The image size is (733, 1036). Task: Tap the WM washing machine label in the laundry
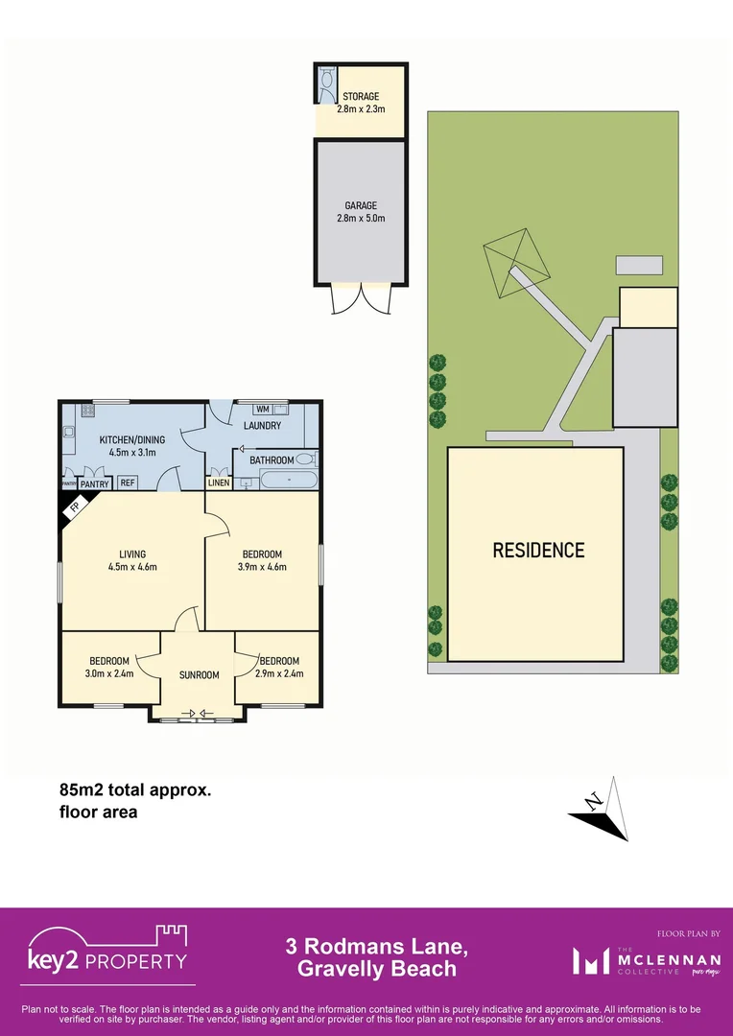(x=262, y=410)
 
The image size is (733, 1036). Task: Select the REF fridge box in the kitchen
(x=128, y=483)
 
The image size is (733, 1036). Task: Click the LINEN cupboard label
(x=219, y=483)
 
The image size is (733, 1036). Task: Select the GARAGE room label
(x=361, y=205)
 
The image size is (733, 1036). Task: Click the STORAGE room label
(x=361, y=97)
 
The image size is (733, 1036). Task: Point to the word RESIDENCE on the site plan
(x=538, y=551)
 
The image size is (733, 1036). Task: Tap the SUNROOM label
(x=199, y=675)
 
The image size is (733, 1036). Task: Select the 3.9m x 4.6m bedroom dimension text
(x=262, y=567)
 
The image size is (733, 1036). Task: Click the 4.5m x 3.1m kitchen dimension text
(x=132, y=453)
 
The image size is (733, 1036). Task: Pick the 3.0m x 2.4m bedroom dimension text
(x=109, y=673)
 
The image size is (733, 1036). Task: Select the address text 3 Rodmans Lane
(x=376, y=947)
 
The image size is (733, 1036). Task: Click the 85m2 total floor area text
(x=134, y=791)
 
